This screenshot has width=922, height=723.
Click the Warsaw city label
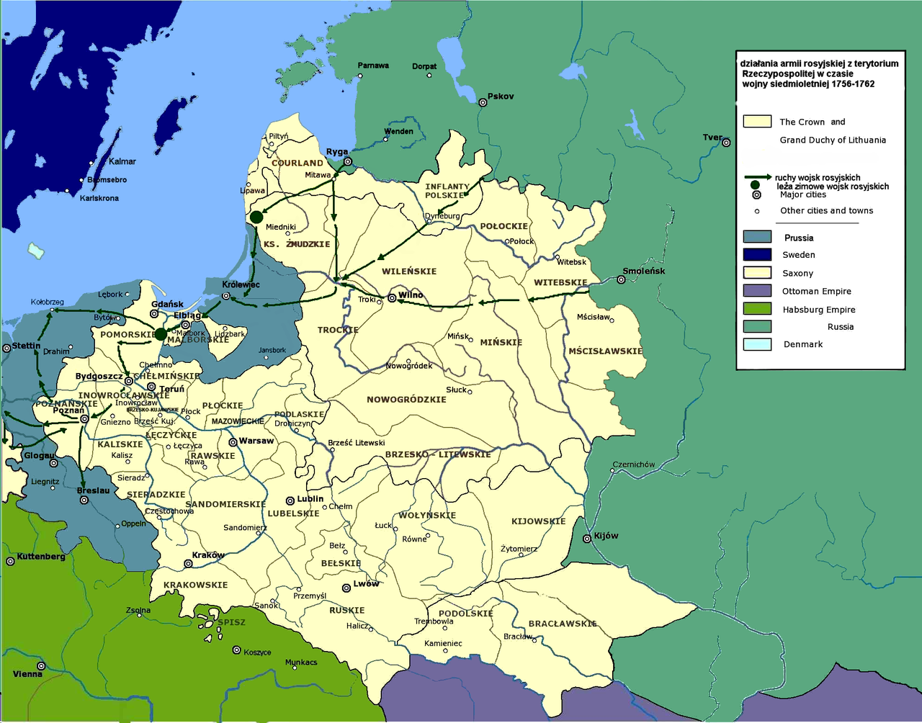click(x=256, y=441)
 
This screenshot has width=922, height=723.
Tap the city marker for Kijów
click(x=587, y=539)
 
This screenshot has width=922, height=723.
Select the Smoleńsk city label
click(x=644, y=271)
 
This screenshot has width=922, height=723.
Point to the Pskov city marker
click(x=483, y=102)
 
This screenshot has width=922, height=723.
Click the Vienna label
click(x=27, y=674)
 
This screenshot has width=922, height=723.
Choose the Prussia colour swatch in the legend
click(x=757, y=237)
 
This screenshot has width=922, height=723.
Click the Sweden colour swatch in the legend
click(x=757, y=254)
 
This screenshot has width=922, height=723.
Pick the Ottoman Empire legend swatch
click(x=757, y=291)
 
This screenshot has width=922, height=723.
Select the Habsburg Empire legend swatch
click(x=757, y=309)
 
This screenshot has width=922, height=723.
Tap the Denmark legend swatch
click(x=757, y=344)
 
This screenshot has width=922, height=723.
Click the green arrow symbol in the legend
click(x=758, y=177)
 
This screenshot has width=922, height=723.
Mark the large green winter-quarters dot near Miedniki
click(x=256, y=217)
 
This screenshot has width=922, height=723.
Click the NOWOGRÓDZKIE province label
click(x=406, y=399)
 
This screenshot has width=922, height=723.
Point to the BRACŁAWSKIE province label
click(x=563, y=624)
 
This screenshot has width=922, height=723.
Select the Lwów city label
click(x=366, y=583)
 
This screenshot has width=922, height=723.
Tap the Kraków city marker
click(x=188, y=564)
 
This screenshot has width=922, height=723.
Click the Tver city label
click(x=712, y=137)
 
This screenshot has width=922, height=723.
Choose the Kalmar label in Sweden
click(x=122, y=161)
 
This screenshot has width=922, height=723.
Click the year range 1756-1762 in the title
click(x=853, y=84)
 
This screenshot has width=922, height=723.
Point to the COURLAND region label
click(x=297, y=163)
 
